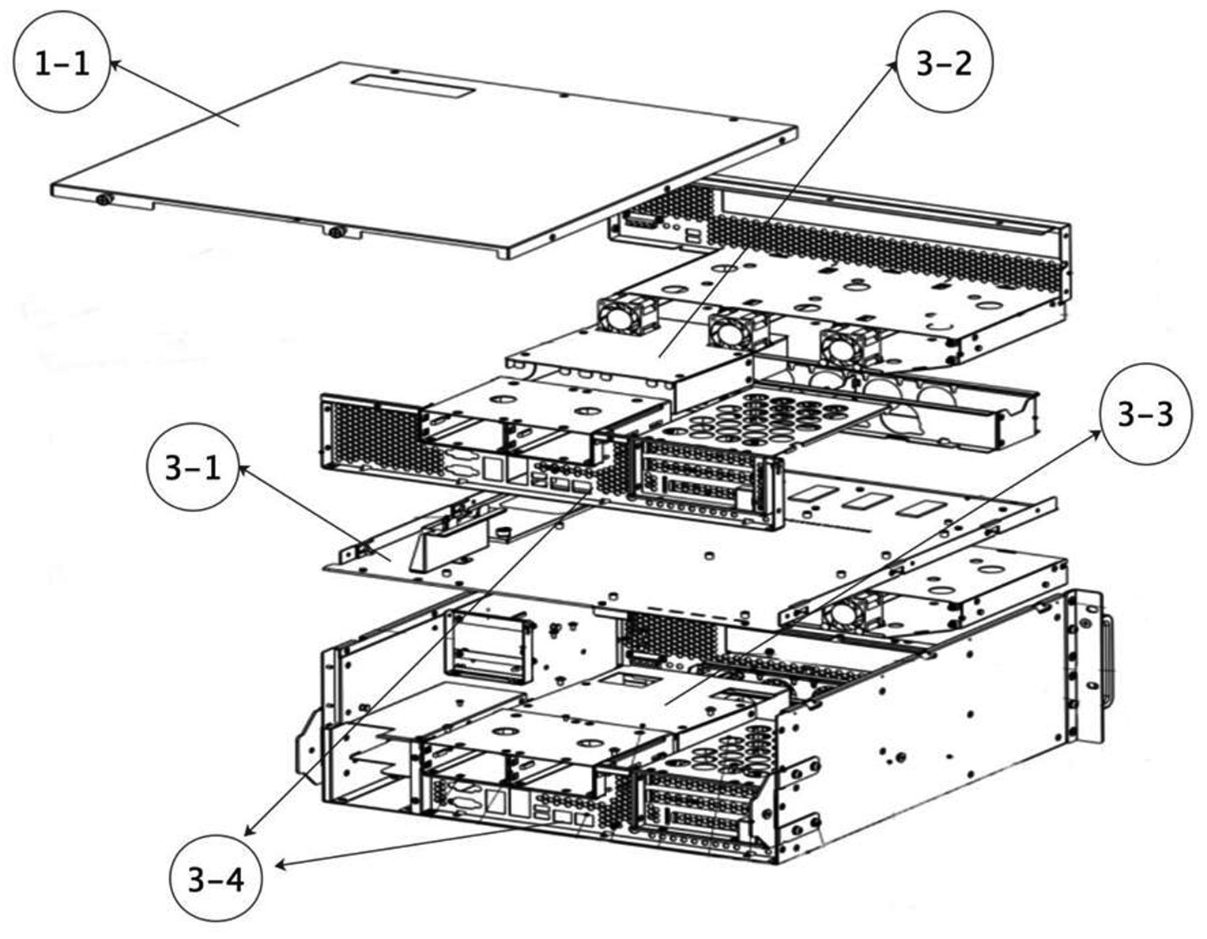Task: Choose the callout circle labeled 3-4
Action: point(216,880)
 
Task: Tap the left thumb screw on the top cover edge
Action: point(104,199)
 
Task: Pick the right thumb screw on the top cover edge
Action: point(335,232)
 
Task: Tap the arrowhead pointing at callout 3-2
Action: point(892,68)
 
